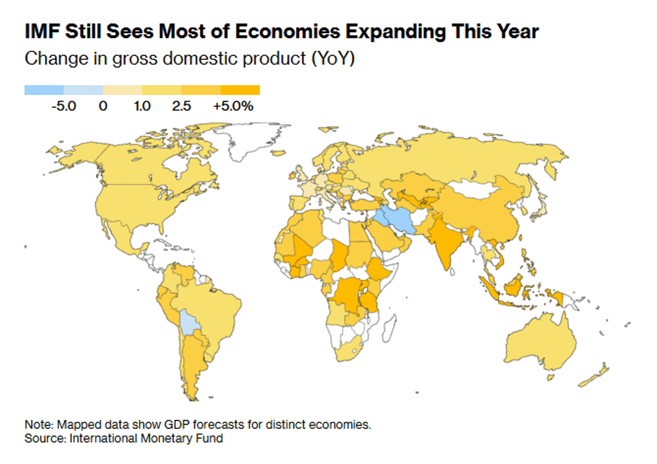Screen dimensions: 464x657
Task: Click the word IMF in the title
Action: tap(42, 32)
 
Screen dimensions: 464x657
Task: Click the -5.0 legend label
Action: tap(63, 106)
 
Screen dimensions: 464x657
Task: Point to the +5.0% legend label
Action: tap(234, 106)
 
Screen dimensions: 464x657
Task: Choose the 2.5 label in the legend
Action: tap(181, 106)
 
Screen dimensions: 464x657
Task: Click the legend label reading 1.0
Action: tap(142, 106)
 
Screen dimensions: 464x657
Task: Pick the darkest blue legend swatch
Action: tap(44, 90)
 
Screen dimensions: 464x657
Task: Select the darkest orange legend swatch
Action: tap(240, 90)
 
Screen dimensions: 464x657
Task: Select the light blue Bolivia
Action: tap(189, 322)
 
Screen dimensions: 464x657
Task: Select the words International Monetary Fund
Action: tap(146, 438)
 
